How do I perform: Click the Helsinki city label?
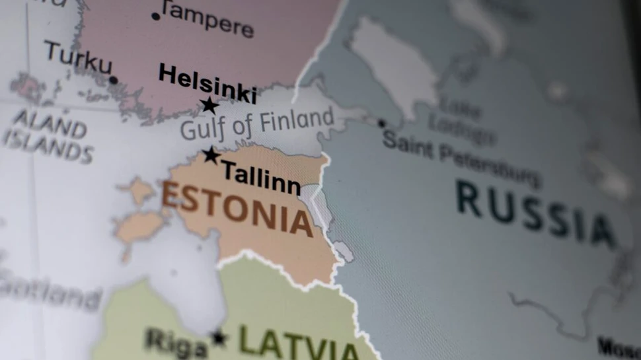click(207, 84)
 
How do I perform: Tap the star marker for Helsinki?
click(209, 105)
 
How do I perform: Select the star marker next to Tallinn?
click(211, 155)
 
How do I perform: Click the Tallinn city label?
click(260, 178)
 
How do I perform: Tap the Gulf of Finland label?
click(257, 124)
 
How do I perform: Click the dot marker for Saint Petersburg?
click(381, 123)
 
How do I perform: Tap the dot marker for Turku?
click(113, 80)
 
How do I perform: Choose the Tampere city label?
click(207, 20)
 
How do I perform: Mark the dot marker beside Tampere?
click(156, 16)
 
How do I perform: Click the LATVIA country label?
click(298, 342)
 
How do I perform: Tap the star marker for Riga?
click(218, 338)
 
